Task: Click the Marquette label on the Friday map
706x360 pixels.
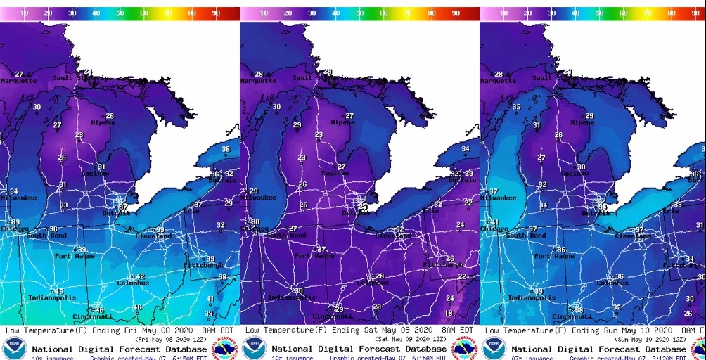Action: point(19,81)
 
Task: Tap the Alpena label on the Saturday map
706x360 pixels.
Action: point(342,122)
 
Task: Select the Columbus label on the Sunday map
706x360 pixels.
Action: point(612,283)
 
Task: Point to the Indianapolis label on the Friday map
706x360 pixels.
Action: point(51,298)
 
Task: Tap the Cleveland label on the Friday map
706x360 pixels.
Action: point(153,236)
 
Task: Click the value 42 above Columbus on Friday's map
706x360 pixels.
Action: point(141,276)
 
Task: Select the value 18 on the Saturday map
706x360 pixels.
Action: point(449,314)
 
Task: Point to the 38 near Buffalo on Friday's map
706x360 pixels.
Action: point(226,149)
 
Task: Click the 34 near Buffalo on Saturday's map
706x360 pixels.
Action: point(465,149)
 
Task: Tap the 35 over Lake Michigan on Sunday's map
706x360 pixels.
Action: point(516,107)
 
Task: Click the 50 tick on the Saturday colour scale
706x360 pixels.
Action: point(359,13)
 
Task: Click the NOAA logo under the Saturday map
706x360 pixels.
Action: point(254,348)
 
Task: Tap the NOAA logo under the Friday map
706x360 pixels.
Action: point(14,348)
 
